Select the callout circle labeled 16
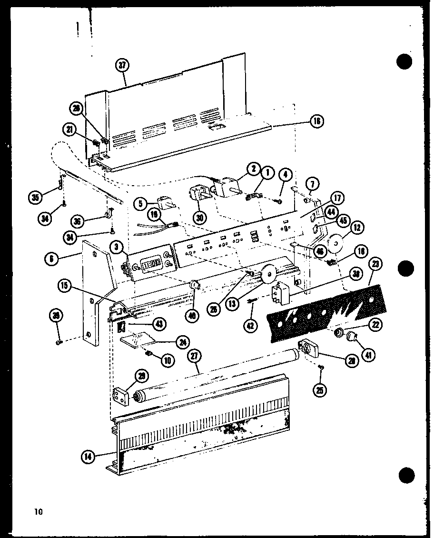coord(316,122)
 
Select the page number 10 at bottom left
coord(38,512)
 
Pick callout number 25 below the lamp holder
coord(321,390)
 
